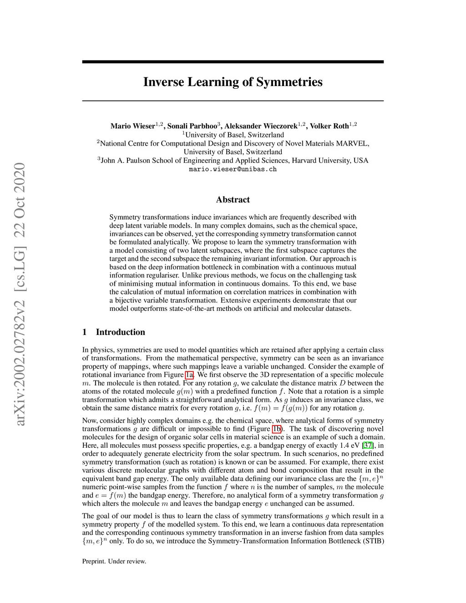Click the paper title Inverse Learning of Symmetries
click(x=233, y=82)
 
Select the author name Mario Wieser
click(x=132, y=126)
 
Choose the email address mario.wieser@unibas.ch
click(x=233, y=169)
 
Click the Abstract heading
click(x=233, y=200)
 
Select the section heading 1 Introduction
click(x=114, y=332)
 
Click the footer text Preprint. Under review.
click(x=114, y=562)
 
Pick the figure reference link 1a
click(x=190, y=375)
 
